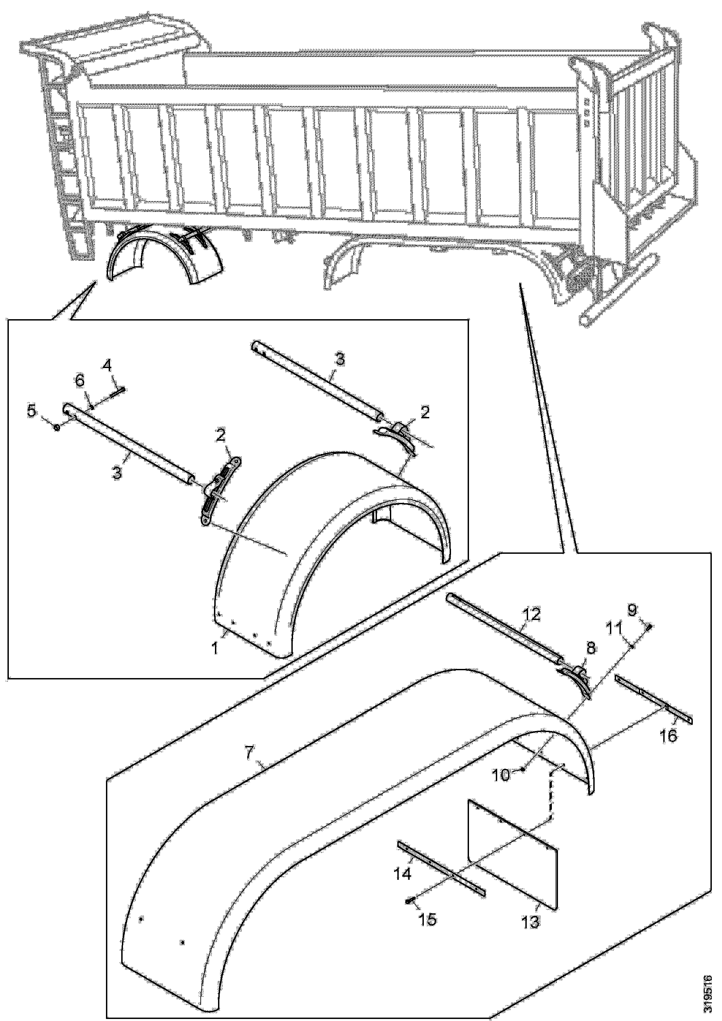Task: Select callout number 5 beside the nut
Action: (x=32, y=411)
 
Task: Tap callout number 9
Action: (x=645, y=612)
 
